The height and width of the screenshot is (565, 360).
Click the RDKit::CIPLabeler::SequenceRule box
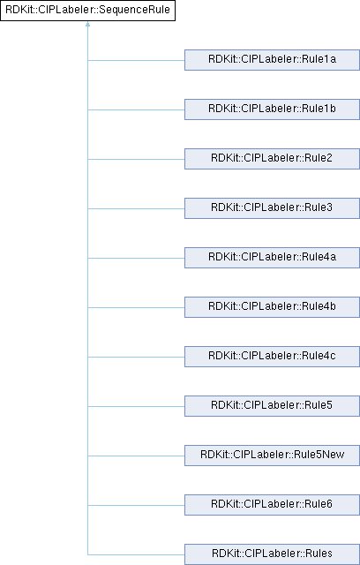tap(87, 11)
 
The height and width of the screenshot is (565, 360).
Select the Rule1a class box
tap(272, 60)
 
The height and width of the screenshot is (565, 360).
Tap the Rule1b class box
tap(272, 109)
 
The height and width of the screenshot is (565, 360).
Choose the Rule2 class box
tap(272, 159)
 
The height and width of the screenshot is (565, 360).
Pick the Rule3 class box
tap(272, 208)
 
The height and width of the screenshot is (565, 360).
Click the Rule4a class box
tap(272, 258)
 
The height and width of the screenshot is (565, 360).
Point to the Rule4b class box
tap(272, 307)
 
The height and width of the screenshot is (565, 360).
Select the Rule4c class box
tap(272, 357)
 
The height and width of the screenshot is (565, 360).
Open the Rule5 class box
tap(272, 406)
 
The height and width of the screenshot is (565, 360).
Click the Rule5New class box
tap(272, 456)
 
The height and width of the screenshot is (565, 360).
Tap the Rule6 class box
tap(272, 505)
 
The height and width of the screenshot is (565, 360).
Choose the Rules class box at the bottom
tap(272, 554)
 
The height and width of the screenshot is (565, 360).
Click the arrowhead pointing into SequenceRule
tap(87, 24)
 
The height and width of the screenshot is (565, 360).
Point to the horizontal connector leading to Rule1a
tap(136, 60)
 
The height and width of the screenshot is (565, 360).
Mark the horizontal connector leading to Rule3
tap(136, 208)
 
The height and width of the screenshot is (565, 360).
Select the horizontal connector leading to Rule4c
tap(136, 357)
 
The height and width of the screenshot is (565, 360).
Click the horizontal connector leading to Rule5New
tap(136, 456)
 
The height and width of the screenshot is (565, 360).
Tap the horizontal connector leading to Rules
tap(136, 554)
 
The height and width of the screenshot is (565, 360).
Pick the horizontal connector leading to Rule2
tap(136, 159)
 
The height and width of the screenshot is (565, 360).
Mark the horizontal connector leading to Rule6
tap(136, 505)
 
